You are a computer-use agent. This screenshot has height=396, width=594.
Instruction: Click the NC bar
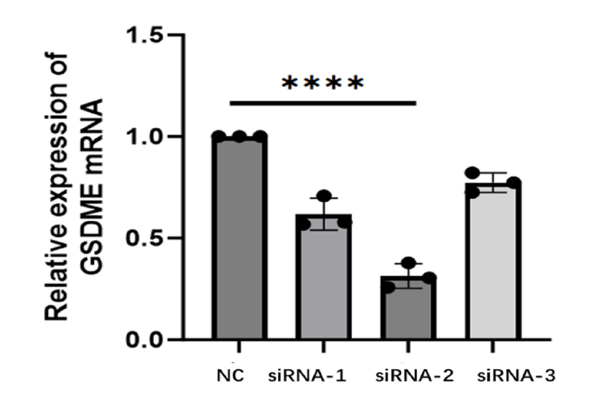tap(239, 238)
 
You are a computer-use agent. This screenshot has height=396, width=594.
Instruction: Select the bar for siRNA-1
tap(324, 277)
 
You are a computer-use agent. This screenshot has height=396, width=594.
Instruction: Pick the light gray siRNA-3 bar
tap(493, 262)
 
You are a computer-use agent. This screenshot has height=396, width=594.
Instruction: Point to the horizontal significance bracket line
tap(322, 103)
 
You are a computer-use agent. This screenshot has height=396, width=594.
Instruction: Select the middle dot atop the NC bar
tap(240, 137)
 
